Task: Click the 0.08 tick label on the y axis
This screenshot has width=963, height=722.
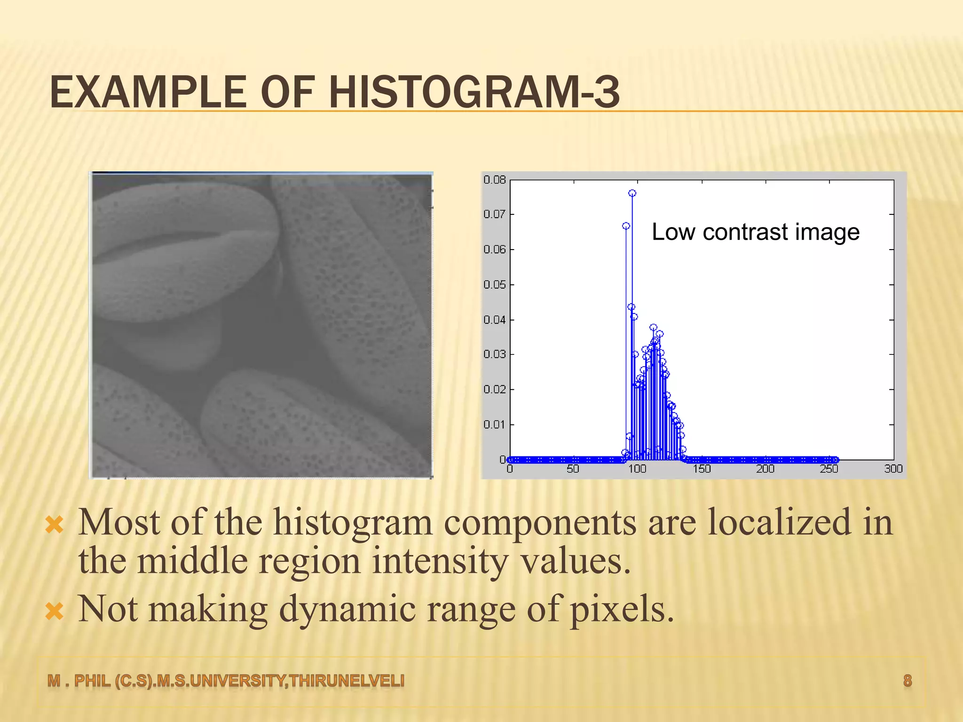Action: pos(494,180)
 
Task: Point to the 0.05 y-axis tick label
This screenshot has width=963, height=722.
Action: pos(494,285)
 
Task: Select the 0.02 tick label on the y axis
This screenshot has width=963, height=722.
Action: pos(494,390)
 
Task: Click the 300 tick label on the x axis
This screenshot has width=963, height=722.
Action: pos(893,469)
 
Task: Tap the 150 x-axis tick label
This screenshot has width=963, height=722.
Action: pos(701,469)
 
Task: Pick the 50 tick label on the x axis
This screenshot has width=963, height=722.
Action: pos(573,469)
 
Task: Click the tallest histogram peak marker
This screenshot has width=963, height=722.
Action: pos(632,193)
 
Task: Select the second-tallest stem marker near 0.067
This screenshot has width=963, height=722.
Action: pos(626,226)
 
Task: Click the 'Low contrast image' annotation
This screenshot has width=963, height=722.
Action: pos(756,232)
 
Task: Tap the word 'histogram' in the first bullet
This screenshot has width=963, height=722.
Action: pos(353,523)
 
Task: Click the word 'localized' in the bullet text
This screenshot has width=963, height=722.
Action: pos(779,523)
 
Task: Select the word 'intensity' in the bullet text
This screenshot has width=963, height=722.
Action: pos(440,561)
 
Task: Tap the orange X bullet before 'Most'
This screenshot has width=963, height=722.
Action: pos(55,525)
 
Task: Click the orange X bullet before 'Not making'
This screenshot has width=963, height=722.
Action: pos(55,611)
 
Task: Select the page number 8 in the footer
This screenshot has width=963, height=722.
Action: pos(908,681)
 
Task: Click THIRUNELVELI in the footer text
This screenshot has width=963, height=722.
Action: pos(347,681)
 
